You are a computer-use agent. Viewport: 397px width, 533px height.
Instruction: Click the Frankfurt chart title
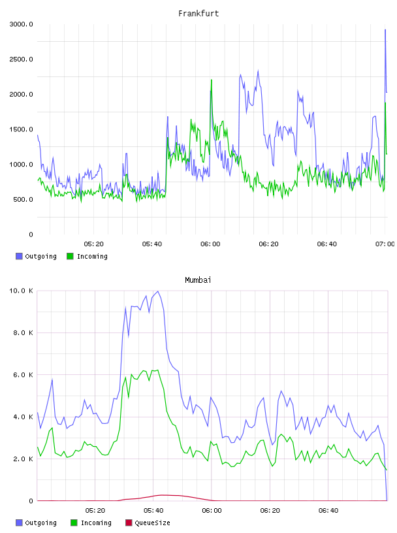click(198, 14)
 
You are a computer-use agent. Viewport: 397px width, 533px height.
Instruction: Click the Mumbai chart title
click(198, 280)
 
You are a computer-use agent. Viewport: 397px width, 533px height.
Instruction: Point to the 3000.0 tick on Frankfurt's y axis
click(22, 24)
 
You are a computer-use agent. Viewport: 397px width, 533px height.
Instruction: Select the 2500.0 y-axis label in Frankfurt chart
click(22, 59)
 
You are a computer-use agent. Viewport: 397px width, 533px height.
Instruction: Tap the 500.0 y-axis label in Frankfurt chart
click(23, 199)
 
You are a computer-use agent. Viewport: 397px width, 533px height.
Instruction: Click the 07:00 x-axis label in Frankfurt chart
click(385, 244)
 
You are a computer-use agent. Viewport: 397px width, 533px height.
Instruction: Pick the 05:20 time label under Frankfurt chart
click(93, 244)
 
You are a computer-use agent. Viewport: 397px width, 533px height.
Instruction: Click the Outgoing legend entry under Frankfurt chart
click(36, 256)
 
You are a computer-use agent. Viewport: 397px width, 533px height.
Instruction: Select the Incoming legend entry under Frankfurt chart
click(87, 256)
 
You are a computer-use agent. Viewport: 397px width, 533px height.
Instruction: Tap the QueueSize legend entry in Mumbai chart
click(148, 523)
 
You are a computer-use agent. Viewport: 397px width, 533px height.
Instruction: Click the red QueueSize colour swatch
click(129, 523)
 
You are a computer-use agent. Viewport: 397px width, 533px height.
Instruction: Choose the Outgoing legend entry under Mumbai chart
click(36, 523)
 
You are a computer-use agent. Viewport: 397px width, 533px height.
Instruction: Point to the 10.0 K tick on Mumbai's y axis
click(22, 291)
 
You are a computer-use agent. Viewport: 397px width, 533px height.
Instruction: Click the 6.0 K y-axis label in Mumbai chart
click(23, 374)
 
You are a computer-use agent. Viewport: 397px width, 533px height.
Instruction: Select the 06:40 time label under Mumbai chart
click(328, 511)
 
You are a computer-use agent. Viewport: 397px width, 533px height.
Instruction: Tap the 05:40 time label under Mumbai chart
click(153, 511)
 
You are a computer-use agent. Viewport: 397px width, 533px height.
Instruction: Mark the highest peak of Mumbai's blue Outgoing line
click(158, 291)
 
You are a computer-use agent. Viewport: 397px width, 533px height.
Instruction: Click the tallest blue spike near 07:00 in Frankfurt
click(385, 30)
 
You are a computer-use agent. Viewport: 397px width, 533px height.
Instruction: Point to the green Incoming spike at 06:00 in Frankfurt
click(212, 80)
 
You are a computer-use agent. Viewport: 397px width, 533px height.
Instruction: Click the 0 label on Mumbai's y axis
click(31, 501)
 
